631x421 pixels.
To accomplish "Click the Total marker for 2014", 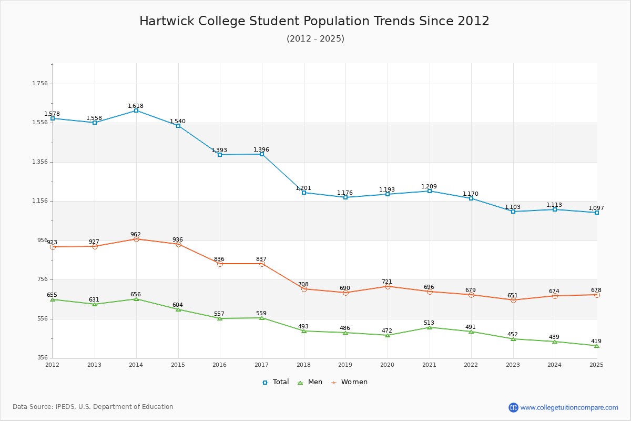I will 136,111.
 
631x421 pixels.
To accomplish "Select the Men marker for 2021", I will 430,327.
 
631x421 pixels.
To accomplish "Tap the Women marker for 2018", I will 304,289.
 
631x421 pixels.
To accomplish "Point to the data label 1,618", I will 136,106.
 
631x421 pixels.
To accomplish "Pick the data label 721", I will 387,282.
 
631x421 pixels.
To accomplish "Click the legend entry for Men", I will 310,382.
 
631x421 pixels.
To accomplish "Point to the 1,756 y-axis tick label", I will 40,83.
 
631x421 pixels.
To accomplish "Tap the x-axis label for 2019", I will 345,364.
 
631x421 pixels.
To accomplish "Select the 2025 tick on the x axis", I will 596,364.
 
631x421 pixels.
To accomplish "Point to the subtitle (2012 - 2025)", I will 315,38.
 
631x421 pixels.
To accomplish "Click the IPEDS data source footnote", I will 93,407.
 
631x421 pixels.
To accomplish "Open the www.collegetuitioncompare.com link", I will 569,407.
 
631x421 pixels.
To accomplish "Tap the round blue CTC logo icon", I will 513,407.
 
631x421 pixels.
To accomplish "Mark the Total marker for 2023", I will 513,212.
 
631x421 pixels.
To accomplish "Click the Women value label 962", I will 136,234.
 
